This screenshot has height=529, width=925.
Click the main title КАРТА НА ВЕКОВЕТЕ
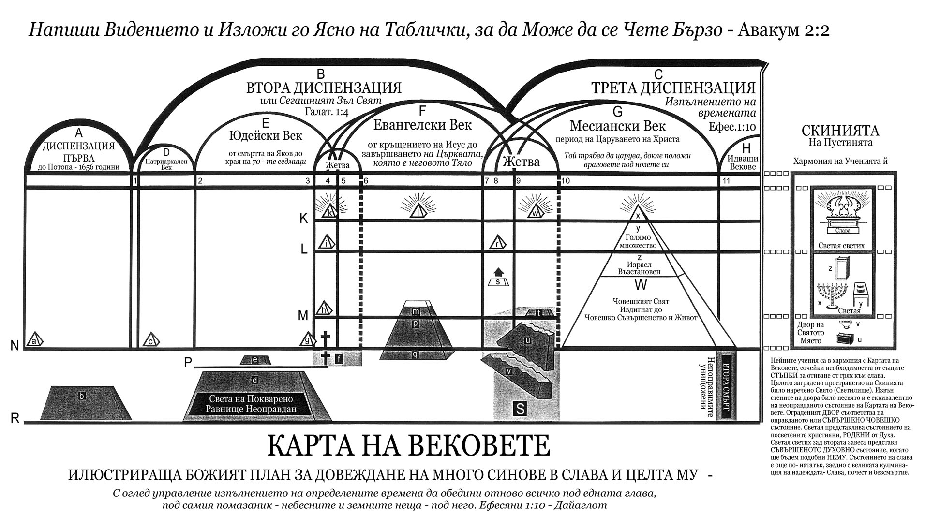pos(408,445)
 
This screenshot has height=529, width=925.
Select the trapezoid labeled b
pos(82,402)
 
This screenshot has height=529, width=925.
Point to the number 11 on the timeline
pos(726,181)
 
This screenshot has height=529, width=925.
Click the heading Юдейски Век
pos(265,134)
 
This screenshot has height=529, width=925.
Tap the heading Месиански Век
pos(618,126)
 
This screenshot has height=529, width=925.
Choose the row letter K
pos(303,219)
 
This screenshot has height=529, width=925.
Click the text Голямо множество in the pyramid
pos(638,241)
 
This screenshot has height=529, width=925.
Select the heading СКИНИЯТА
pos(840,131)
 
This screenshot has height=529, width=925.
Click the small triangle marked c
pos(151,340)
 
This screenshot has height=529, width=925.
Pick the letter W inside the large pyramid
pos(641,285)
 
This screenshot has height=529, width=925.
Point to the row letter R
pos(15,418)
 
